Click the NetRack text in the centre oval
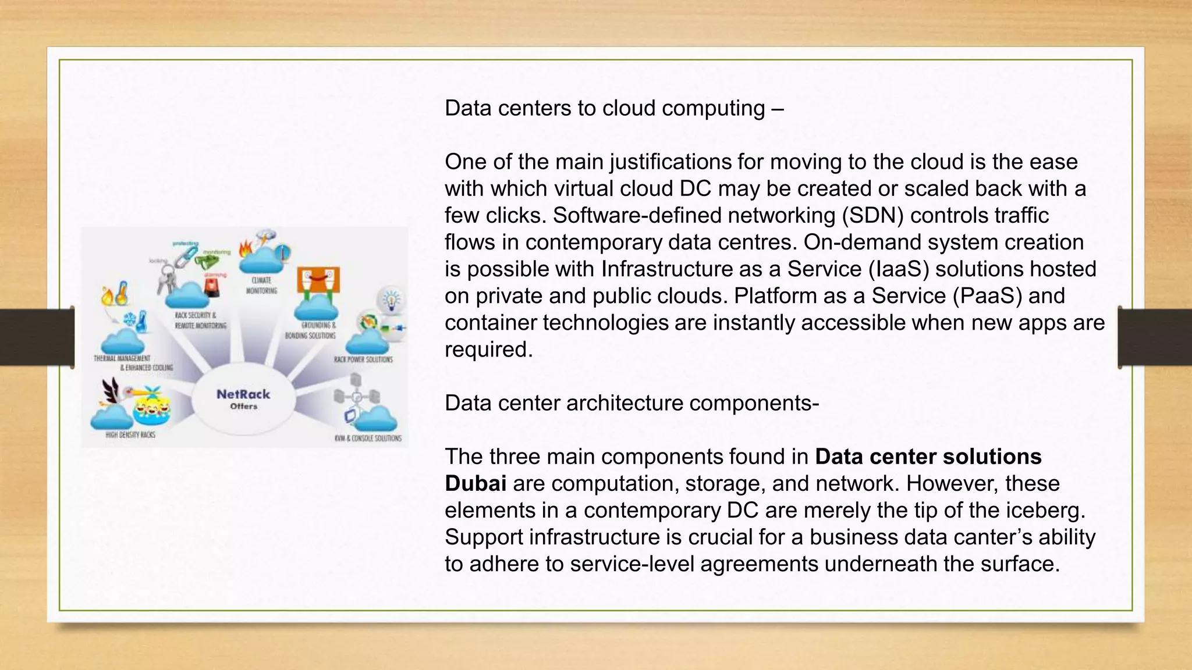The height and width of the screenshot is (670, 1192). click(x=243, y=394)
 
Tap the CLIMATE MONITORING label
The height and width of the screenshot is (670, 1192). click(x=261, y=286)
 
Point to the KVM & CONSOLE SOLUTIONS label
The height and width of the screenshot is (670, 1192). click(x=368, y=438)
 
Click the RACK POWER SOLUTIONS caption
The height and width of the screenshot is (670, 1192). click(x=363, y=359)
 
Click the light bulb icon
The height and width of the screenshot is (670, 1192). click(x=392, y=300)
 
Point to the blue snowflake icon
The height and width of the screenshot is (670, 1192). click(x=129, y=319)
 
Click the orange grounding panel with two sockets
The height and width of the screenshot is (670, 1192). click(x=318, y=280)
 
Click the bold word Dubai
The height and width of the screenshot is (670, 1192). click(x=475, y=483)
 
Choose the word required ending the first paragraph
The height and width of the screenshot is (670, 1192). click(x=488, y=350)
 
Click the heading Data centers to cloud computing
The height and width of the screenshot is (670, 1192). click(x=613, y=108)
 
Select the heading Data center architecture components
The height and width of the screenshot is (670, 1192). click(x=632, y=403)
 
